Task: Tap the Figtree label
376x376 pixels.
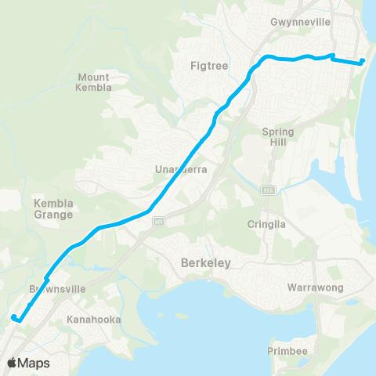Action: click(x=209, y=66)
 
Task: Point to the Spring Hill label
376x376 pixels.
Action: click(x=278, y=137)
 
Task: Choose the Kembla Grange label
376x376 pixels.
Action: click(x=53, y=208)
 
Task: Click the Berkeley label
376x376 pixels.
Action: click(x=205, y=263)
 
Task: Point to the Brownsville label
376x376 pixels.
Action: click(x=51, y=289)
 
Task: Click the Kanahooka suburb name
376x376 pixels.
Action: click(x=92, y=320)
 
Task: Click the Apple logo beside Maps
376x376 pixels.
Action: click(x=13, y=363)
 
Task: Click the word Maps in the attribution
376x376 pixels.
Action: click(x=35, y=363)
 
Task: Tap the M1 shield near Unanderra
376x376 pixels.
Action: click(x=157, y=220)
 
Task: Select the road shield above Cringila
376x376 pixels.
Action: click(x=267, y=190)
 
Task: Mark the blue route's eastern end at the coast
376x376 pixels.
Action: click(x=363, y=61)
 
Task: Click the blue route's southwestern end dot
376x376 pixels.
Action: click(x=13, y=317)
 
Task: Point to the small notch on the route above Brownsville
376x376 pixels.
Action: click(x=47, y=279)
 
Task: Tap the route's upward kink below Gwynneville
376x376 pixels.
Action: click(x=334, y=56)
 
